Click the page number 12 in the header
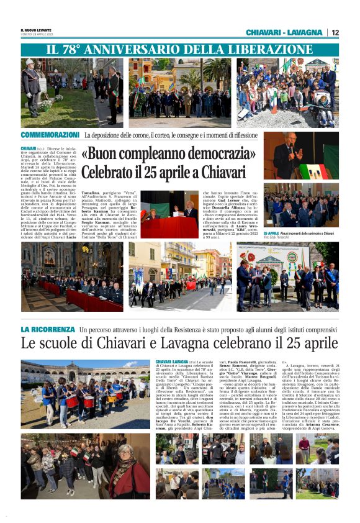coord(335,32)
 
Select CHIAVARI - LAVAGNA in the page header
coord(284,32)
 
